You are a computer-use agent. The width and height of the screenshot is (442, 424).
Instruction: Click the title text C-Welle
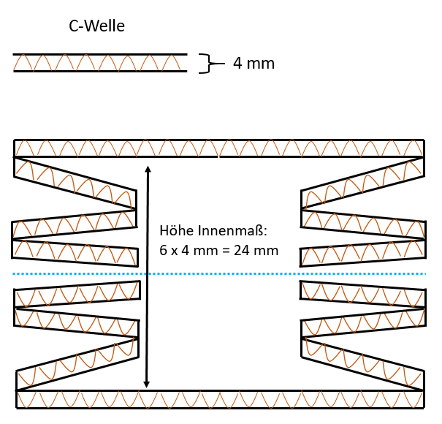[96, 27]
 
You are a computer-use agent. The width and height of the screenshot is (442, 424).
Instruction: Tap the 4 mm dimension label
[254, 64]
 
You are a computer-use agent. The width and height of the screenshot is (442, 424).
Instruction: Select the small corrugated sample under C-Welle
[100, 63]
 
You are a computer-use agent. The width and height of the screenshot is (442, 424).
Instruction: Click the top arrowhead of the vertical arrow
[148, 170]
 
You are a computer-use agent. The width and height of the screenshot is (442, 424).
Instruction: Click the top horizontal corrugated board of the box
[218, 148]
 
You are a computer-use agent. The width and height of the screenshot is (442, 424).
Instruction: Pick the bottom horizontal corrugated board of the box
[220, 399]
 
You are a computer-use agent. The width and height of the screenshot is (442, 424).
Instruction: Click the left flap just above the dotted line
[75, 251]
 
